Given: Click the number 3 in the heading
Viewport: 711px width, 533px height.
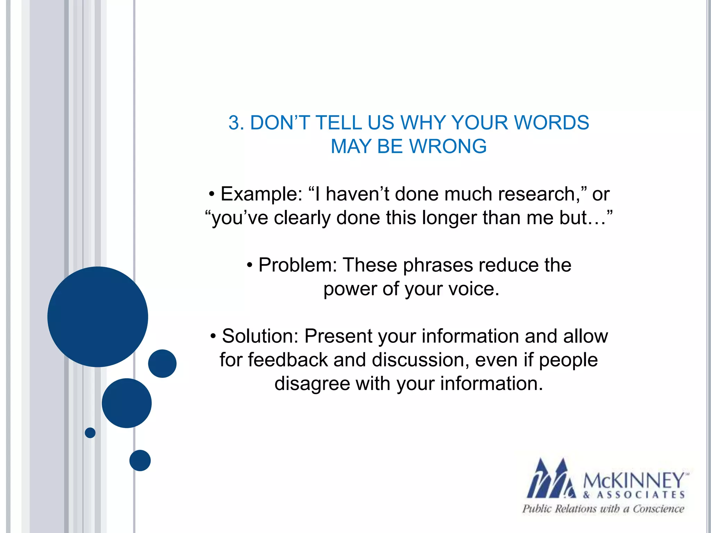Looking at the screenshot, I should point(234,123).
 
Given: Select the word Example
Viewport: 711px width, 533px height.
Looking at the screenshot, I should point(261,194).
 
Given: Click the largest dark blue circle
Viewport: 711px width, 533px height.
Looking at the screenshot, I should point(98,317).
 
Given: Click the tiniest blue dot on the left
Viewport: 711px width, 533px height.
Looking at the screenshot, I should point(90,433).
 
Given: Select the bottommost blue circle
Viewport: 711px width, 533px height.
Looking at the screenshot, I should point(140,460).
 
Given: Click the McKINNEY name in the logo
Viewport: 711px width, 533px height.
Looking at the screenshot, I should point(634,481).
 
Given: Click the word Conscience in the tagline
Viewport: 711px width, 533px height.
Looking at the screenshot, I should point(658,509).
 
